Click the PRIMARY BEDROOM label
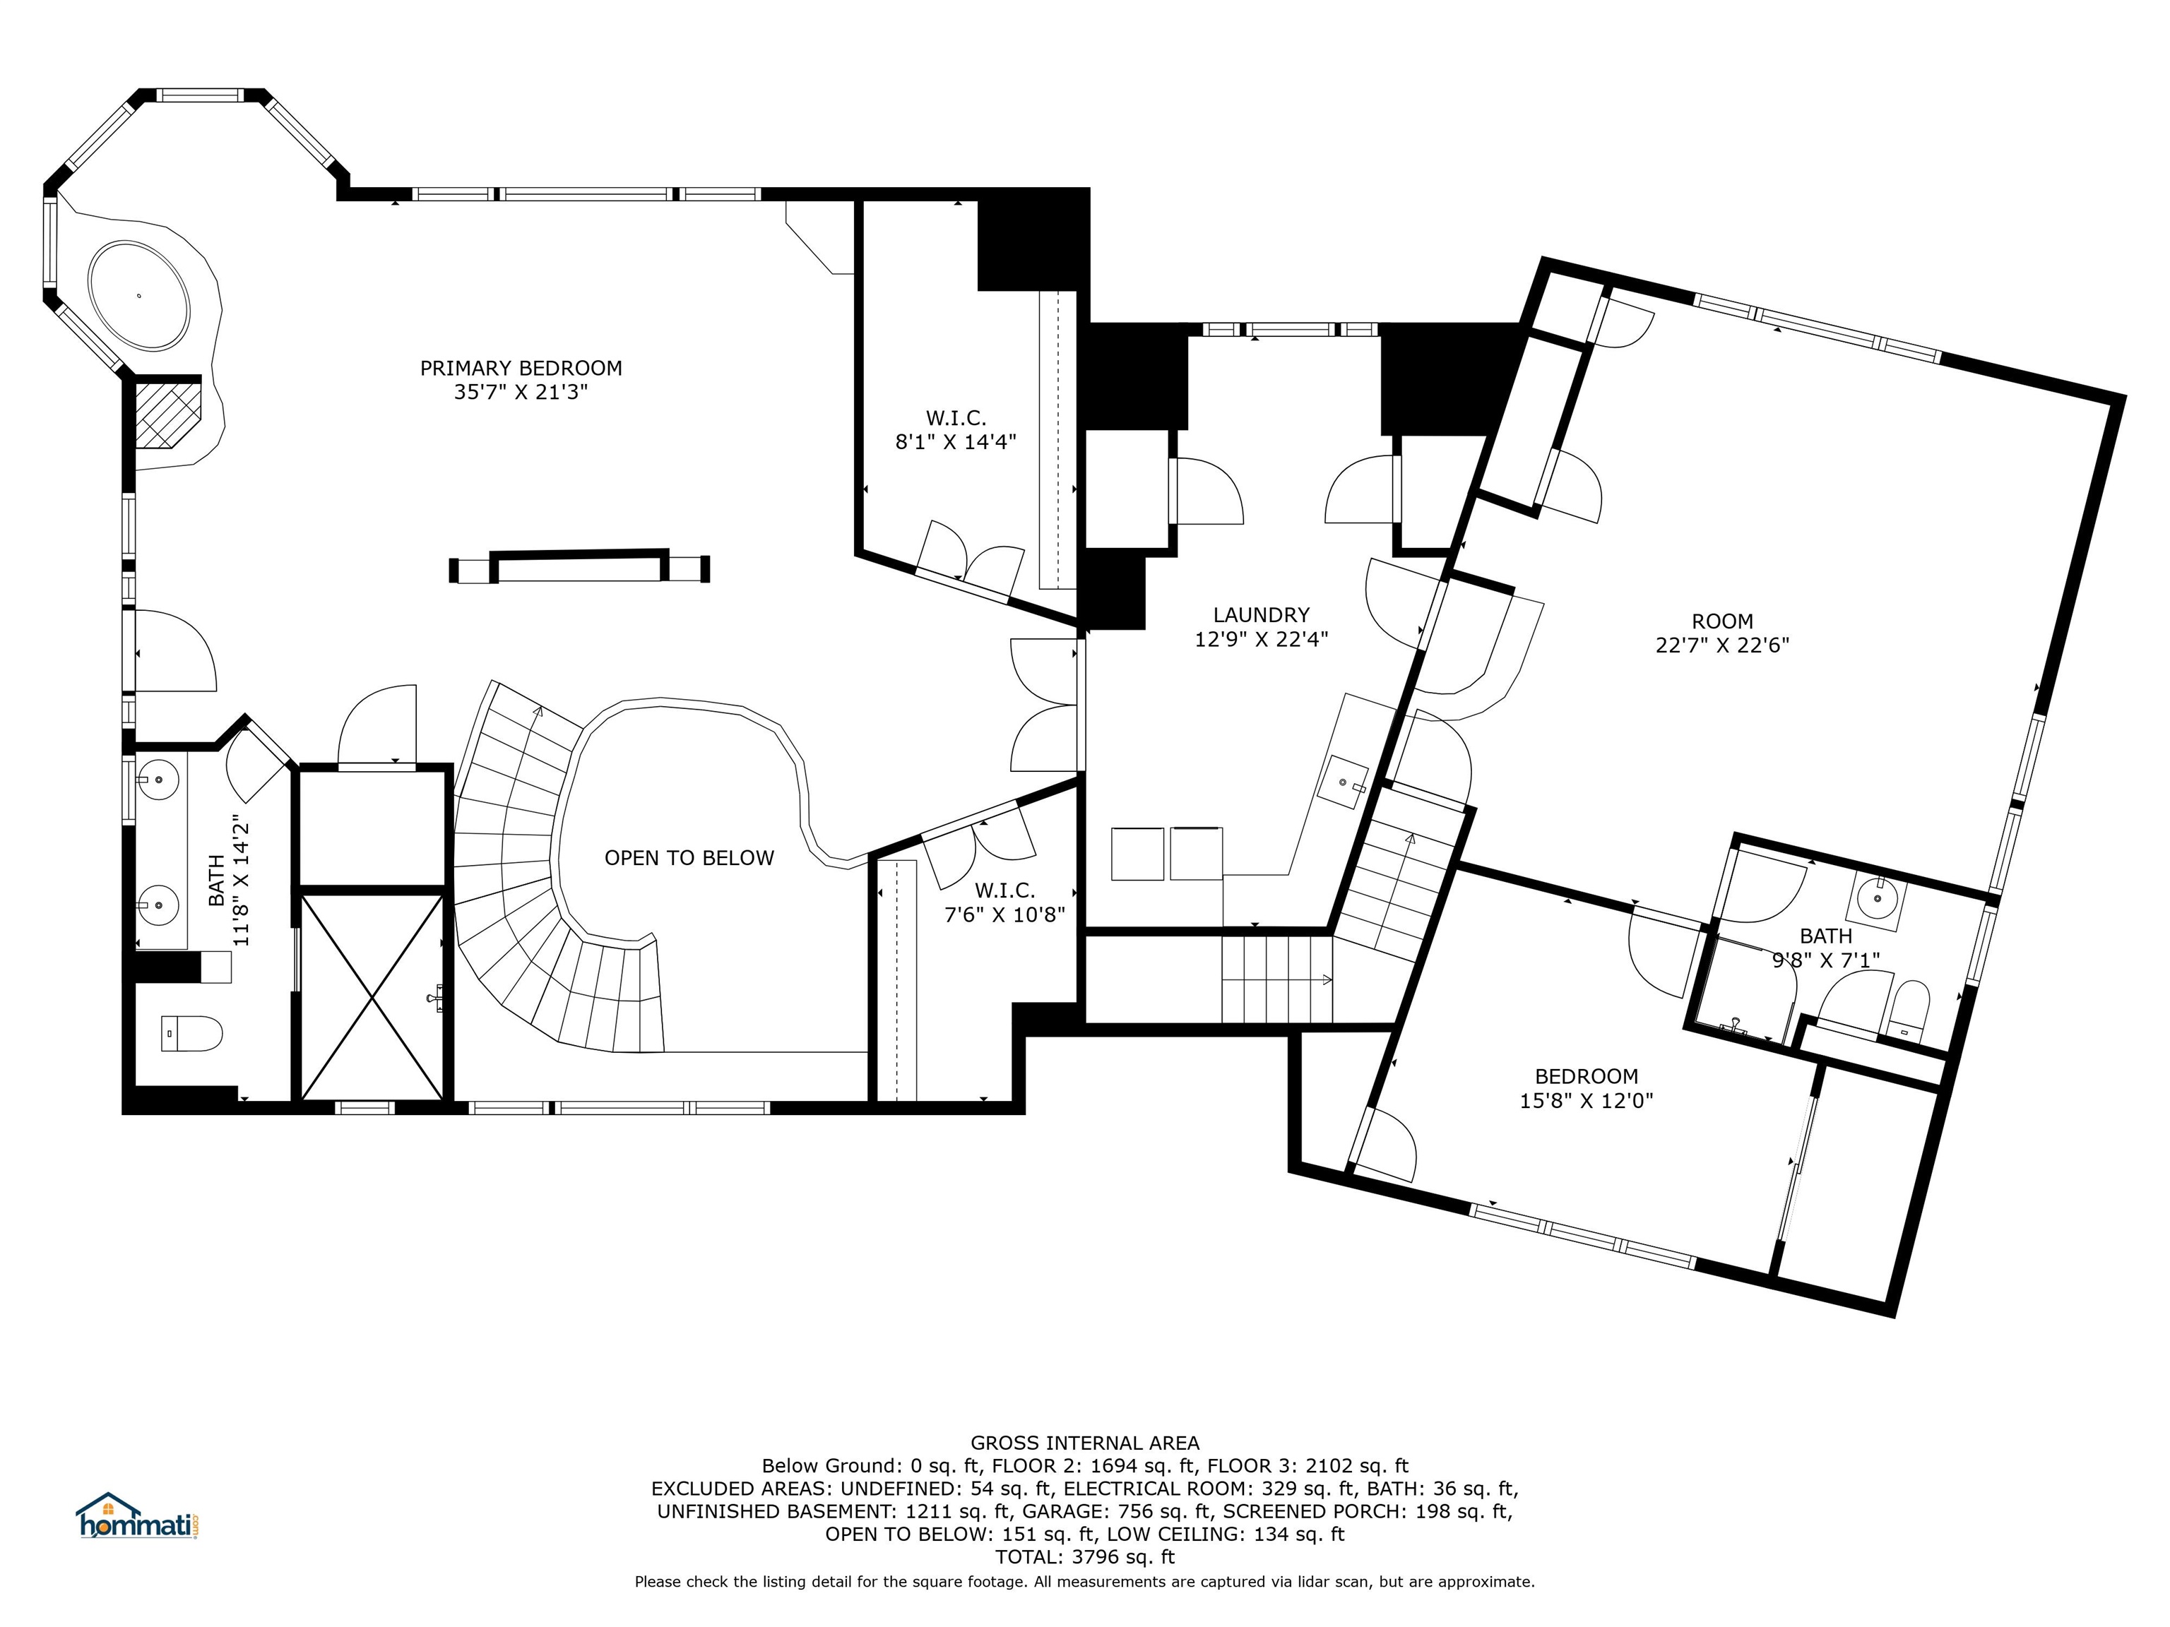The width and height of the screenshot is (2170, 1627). click(x=521, y=368)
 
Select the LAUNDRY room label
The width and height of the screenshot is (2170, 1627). click(x=1261, y=615)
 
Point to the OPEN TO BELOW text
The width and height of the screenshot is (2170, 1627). click(x=689, y=858)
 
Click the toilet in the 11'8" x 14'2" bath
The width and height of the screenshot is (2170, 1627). click(x=191, y=1032)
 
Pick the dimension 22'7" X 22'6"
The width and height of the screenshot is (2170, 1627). click(x=1723, y=645)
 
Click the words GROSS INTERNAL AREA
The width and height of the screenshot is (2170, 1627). click(x=1085, y=1443)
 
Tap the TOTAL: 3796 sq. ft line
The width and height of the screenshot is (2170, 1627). click(x=1085, y=1556)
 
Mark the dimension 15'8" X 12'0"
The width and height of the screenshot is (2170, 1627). click(x=1587, y=1100)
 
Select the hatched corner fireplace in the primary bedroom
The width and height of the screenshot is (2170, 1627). click(x=167, y=415)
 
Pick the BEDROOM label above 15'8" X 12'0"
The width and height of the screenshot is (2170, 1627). click(x=1587, y=1076)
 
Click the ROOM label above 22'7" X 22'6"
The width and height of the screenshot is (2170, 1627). click(x=1723, y=621)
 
